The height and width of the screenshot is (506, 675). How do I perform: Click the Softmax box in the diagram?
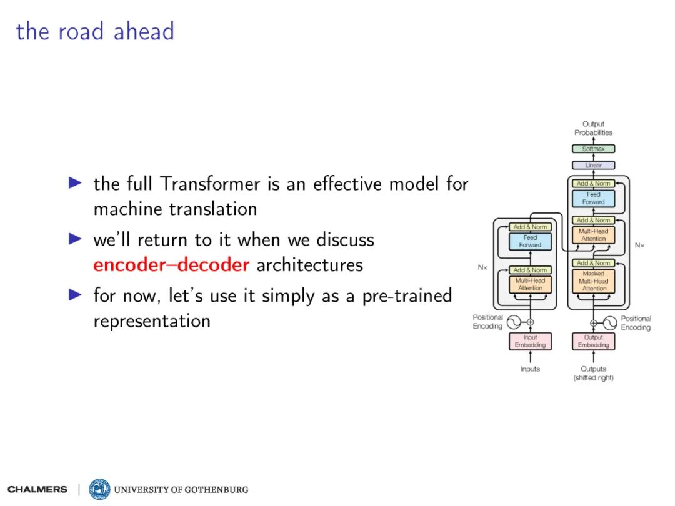(593, 149)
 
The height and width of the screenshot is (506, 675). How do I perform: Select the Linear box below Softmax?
(593, 165)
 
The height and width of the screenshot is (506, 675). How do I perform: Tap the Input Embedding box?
(530, 341)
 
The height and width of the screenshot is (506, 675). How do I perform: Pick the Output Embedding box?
(593, 341)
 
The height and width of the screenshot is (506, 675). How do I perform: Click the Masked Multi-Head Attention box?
(593, 281)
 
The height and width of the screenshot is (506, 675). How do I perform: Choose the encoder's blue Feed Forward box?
(530, 241)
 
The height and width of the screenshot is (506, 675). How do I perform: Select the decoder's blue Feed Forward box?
(593, 199)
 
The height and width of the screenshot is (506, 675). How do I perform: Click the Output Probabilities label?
(593, 128)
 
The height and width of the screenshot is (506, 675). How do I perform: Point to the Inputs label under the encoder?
(530, 369)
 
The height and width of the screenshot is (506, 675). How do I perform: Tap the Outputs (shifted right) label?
(593, 373)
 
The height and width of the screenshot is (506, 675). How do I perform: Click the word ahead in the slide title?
(144, 31)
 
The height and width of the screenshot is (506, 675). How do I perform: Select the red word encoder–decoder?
(171, 265)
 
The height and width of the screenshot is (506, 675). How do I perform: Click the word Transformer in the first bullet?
(210, 184)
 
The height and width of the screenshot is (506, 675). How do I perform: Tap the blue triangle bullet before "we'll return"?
(76, 239)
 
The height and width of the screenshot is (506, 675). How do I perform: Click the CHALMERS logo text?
(37, 490)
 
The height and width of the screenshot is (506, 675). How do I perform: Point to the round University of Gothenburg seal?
(99, 489)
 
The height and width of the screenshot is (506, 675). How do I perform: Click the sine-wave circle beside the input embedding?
(514, 322)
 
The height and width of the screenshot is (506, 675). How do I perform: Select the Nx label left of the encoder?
(482, 267)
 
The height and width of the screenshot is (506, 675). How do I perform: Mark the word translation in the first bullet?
(213, 209)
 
